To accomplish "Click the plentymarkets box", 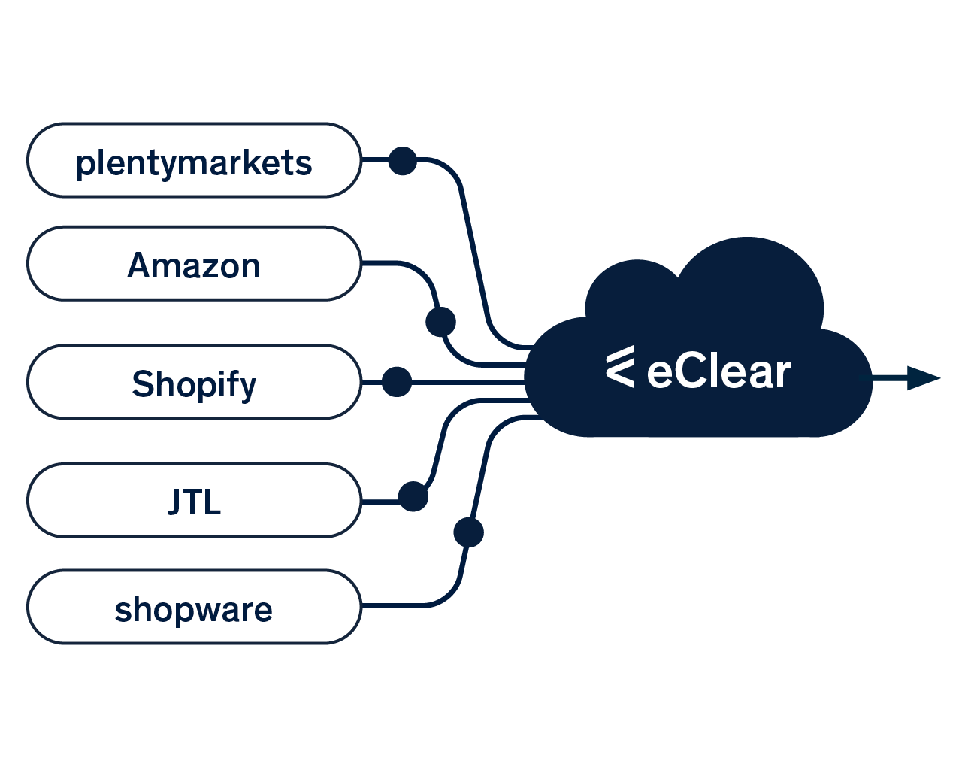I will [x=194, y=161].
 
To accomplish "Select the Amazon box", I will [x=194, y=264].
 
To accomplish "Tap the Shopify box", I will [x=194, y=382].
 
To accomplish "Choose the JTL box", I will [x=194, y=501].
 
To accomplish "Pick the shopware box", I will [x=194, y=607].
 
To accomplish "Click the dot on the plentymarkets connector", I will [x=403, y=161].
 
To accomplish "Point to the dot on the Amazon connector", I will [x=440, y=322].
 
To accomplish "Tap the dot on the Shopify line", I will [x=397, y=382].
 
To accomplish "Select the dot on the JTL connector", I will [x=413, y=497].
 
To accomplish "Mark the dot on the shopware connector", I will [x=469, y=532].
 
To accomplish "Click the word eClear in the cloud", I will [x=718, y=372].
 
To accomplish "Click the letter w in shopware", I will [x=197, y=611].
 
